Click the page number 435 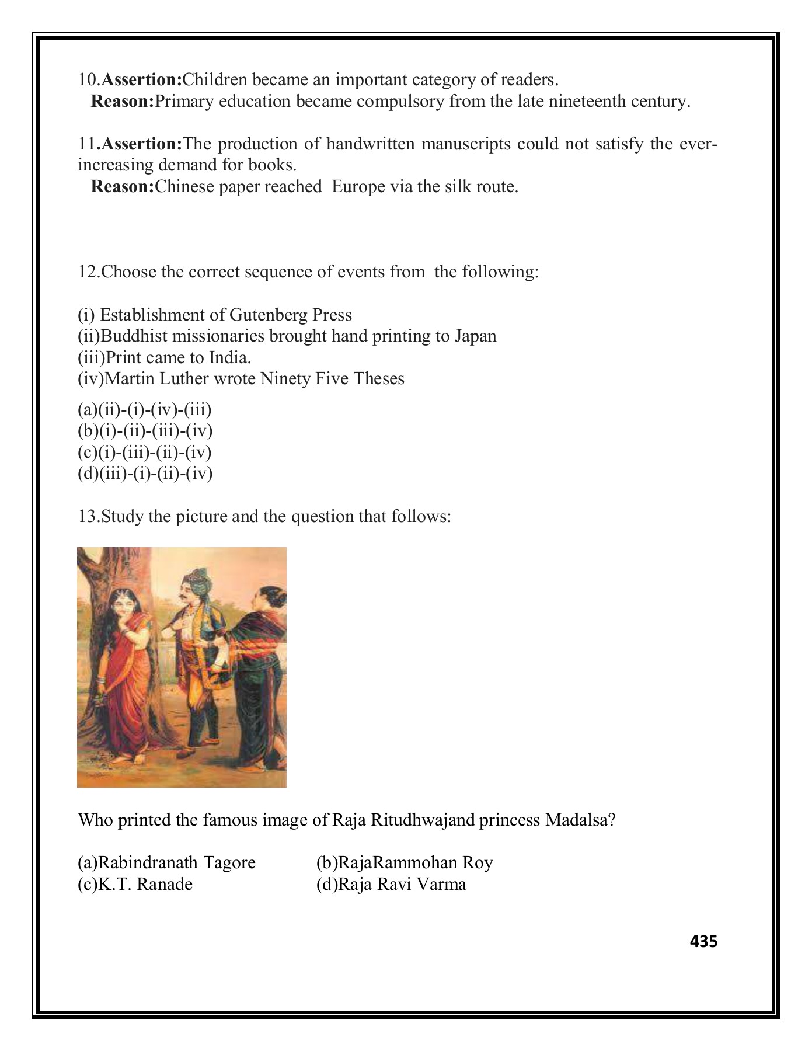pos(703,941)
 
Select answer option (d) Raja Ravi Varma pos(391,884)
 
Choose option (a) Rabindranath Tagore pos(166,862)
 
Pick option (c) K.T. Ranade pos(135,884)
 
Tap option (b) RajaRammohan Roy pos(404,862)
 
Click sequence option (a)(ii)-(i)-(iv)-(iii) pos(145,409)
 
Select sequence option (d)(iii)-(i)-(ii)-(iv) pos(145,473)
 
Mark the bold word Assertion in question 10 pos(142,79)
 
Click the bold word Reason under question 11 pos(123,187)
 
